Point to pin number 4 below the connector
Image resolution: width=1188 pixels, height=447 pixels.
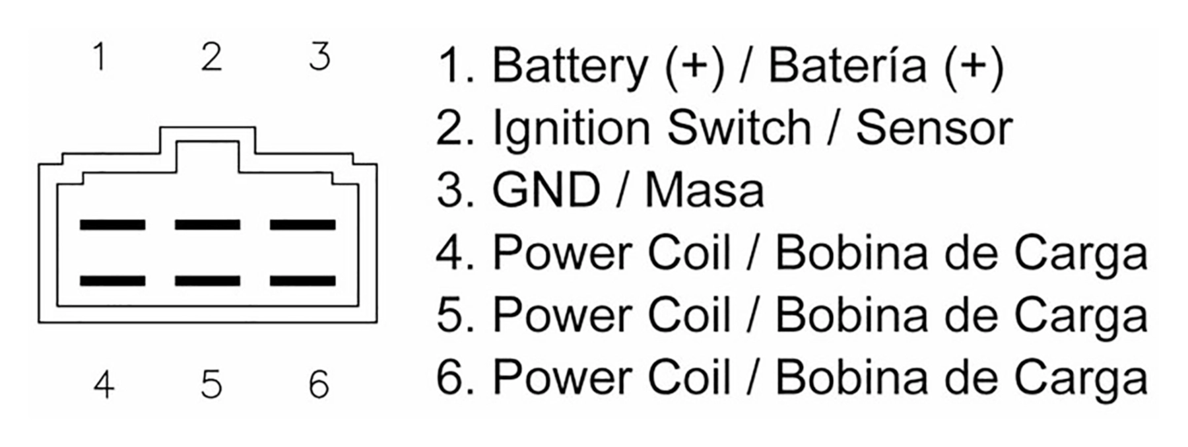[103, 384]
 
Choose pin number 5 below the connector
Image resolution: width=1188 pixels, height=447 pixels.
[211, 384]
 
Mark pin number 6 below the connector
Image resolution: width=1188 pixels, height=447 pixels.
[319, 384]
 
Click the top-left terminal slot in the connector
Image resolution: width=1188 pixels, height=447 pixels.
[112, 225]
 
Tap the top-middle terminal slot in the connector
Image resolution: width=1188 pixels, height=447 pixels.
[207, 225]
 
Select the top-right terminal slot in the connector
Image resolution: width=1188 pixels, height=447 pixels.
[302, 225]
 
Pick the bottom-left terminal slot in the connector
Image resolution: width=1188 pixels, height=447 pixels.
[112, 281]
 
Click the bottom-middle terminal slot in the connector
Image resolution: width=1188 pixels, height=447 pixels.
[207, 281]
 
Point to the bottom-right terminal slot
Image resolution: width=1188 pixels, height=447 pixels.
[302, 281]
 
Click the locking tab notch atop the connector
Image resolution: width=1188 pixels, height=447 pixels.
[207, 141]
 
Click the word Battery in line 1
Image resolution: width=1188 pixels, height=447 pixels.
[570, 67]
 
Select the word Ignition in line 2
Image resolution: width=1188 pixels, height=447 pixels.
[572, 129]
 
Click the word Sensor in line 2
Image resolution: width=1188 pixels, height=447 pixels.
[934, 128]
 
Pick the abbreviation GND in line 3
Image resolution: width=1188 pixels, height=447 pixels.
[546, 190]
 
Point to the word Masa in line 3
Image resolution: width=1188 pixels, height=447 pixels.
[704, 190]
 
